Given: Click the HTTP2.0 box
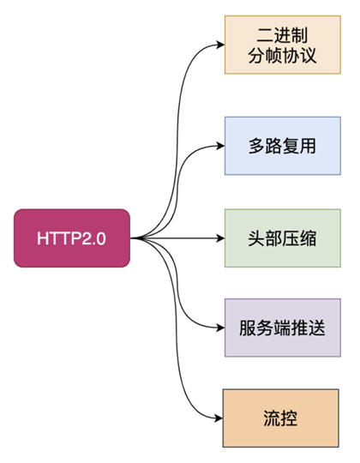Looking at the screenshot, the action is (72, 238).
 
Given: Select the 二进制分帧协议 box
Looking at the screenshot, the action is (283, 45).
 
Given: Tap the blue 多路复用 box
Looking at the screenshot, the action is (283, 146).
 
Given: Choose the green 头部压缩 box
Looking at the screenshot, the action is (283, 238).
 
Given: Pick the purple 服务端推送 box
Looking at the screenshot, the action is (283, 328).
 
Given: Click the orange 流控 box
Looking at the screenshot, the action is (280, 418).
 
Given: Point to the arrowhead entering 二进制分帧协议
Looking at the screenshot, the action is (221, 45).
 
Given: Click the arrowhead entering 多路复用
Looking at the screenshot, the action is (221, 146).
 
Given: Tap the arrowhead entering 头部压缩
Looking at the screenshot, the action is (221, 238).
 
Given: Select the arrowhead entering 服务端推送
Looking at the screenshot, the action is (221, 328).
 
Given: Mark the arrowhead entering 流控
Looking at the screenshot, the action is (219, 418).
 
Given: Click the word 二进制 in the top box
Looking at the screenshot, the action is (282, 35).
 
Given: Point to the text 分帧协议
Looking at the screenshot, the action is (282, 55).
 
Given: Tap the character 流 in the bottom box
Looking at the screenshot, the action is (272, 418).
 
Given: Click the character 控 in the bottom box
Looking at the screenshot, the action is (289, 418).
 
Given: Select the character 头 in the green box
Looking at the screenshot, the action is (256, 238).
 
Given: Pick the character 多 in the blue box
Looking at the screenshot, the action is (256, 146).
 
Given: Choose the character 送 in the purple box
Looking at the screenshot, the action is (317, 328).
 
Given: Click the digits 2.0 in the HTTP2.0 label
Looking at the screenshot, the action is (93, 238).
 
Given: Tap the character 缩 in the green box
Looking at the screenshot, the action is (309, 238).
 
